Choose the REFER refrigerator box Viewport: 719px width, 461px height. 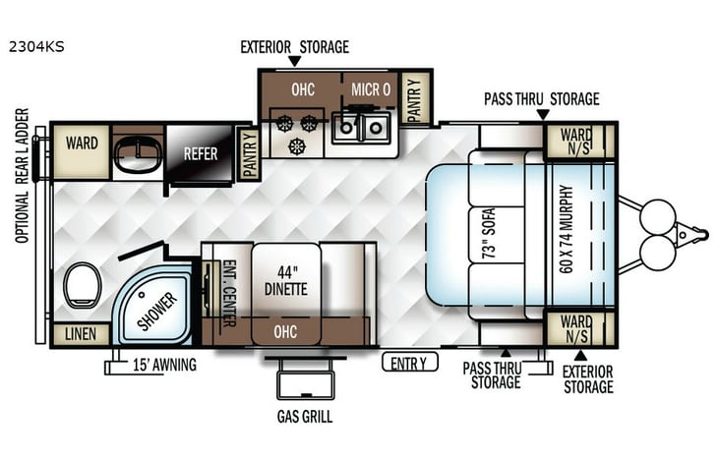(200, 154)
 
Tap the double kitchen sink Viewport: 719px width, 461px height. (360, 128)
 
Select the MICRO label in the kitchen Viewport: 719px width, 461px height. (373, 89)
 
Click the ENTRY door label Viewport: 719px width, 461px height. (409, 363)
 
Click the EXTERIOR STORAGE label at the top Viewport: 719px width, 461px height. (294, 46)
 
